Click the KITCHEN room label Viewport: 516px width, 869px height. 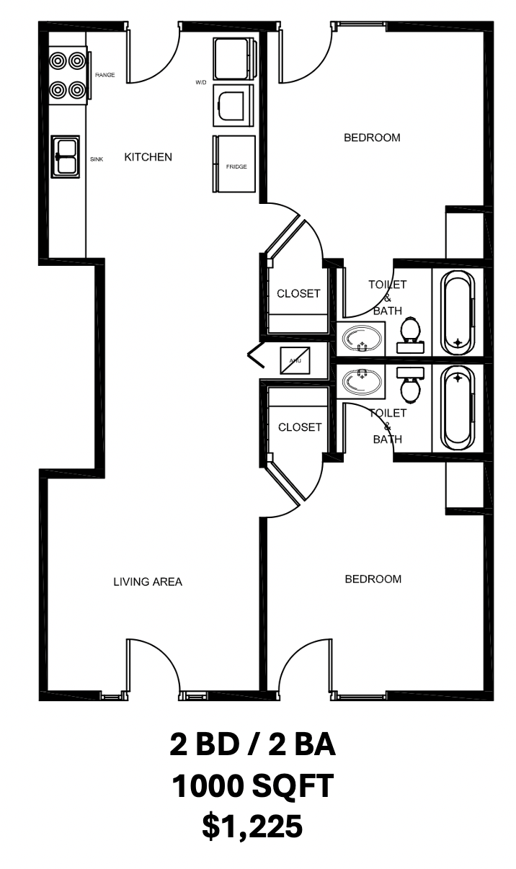click(x=148, y=157)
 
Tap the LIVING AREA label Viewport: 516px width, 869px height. click(x=148, y=581)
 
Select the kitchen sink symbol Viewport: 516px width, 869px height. click(x=65, y=156)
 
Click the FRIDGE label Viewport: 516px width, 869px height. click(x=236, y=166)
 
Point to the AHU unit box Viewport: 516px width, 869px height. click(x=295, y=360)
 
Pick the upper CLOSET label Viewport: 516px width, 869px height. click(x=299, y=294)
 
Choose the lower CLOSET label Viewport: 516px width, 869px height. click(x=300, y=427)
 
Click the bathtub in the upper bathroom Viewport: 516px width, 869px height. click(x=458, y=313)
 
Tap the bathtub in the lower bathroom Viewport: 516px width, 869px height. click(x=458, y=408)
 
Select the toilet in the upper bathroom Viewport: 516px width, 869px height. click(x=411, y=335)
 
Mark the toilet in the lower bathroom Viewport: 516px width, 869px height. click(x=411, y=386)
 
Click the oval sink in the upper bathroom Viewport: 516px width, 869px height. click(x=361, y=339)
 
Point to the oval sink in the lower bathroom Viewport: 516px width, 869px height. click(x=361, y=381)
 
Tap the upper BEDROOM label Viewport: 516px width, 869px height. click(x=372, y=138)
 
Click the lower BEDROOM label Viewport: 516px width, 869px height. click(x=373, y=579)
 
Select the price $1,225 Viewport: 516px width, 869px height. click(x=252, y=826)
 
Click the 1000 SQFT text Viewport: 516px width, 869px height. click(x=252, y=785)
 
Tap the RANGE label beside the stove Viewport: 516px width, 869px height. click(x=104, y=75)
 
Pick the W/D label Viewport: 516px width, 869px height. click(x=201, y=82)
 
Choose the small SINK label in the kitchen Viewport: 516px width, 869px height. click(x=97, y=159)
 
